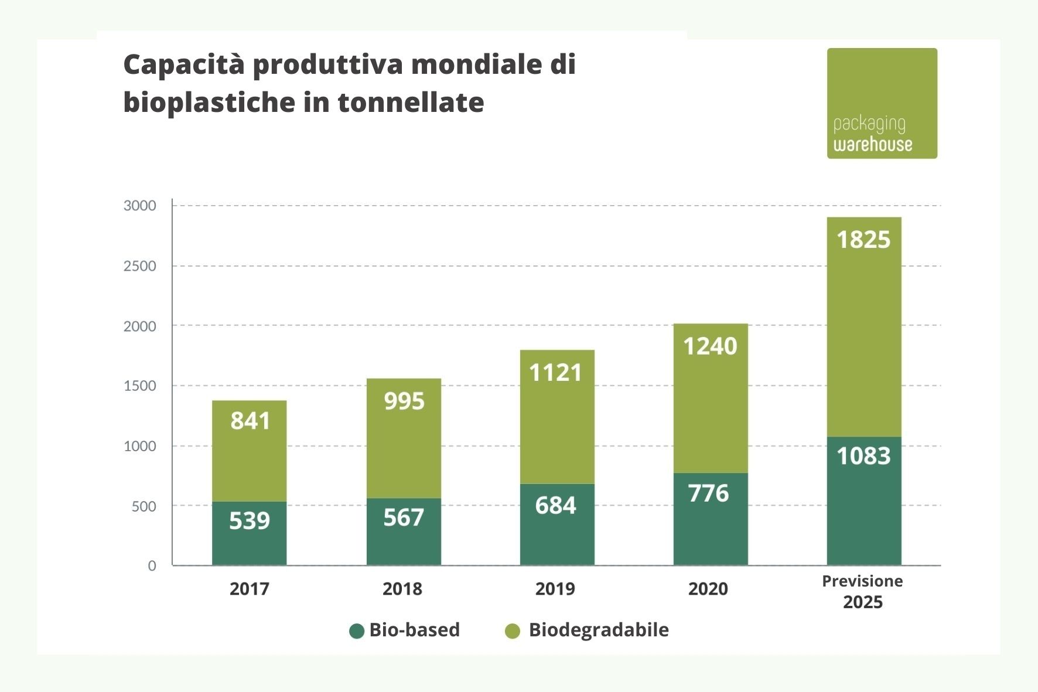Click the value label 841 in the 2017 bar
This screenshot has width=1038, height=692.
pos(250,421)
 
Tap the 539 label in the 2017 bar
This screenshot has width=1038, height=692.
pos(250,520)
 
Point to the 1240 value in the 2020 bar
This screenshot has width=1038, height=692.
pos(710,346)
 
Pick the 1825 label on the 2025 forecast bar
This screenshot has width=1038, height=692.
pos(863,240)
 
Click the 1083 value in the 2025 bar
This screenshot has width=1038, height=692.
pos(863,456)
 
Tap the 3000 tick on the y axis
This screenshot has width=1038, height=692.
pos(140,206)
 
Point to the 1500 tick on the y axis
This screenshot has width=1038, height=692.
pos(140,386)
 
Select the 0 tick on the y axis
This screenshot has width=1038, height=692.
pos(152,566)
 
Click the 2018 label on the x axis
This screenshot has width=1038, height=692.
pos(402,589)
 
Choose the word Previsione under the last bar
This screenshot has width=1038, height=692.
pos(862,581)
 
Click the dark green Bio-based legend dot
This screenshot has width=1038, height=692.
pos(357,631)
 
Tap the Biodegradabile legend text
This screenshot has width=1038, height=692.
pos(598,630)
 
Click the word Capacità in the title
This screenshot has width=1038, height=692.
pos(184,64)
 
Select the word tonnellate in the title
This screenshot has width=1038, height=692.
pos(411,103)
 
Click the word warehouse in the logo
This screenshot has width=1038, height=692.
pos(873,145)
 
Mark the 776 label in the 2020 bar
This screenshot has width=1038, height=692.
pos(709,493)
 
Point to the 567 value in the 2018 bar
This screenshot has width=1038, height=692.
pos(404,517)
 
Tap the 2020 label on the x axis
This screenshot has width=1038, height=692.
pos(708,589)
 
